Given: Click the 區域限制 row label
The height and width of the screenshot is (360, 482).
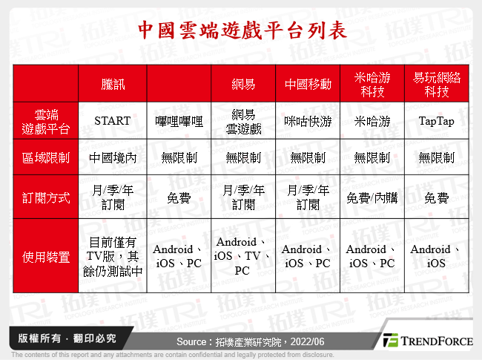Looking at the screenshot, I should pos(46,157).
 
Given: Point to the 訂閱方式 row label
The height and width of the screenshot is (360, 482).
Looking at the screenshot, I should pos(46,198).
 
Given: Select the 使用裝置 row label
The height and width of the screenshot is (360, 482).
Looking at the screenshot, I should pos(46,258).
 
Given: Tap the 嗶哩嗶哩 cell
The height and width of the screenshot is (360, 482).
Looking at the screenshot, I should pos(179,121).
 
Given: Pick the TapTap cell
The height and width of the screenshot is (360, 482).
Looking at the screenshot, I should pos(436,121).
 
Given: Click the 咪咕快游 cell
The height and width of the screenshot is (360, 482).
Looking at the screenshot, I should pos(308,121).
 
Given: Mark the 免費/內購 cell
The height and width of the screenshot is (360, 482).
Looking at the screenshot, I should pos(372,198).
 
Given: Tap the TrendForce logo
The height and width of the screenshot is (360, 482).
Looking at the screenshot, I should pos(426,341).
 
